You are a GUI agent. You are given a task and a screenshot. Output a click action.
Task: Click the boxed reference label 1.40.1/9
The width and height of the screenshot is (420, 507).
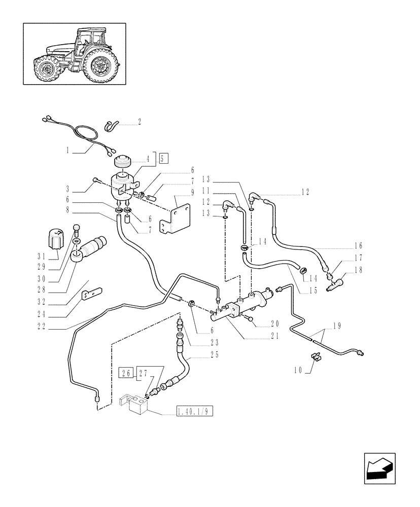pos(195,411)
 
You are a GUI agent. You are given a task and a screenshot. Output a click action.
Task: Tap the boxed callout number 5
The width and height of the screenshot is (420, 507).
pos(162,158)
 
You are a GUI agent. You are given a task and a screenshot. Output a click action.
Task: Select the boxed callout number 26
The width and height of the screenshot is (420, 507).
pos(126,374)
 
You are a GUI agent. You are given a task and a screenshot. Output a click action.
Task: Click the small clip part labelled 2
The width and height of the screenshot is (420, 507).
pos(112,125)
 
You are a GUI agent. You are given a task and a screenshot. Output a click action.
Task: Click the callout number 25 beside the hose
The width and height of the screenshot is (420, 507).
pos(215,355)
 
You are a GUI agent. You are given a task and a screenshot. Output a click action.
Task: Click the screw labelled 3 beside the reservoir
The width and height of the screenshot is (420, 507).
pos(95,179)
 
